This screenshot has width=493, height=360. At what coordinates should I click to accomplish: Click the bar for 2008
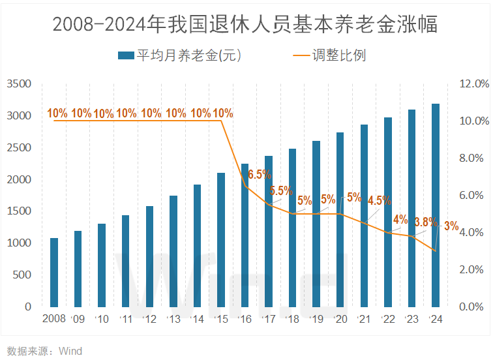(x=54, y=272)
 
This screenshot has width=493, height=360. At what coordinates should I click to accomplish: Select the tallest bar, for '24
(x=436, y=205)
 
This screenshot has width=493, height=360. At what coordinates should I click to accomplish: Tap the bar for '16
(x=245, y=235)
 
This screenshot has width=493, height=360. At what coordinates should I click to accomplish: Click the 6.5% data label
(x=260, y=175)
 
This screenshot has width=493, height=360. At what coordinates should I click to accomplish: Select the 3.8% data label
(x=425, y=222)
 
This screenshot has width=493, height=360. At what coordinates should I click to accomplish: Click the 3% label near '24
(x=451, y=227)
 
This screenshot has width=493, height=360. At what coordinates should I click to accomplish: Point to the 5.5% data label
(x=280, y=191)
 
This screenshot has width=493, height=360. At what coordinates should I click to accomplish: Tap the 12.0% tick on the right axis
(x=474, y=84)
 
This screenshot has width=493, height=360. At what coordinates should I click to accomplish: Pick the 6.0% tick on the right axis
(x=474, y=196)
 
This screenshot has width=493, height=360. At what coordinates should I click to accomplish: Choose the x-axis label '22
(x=387, y=319)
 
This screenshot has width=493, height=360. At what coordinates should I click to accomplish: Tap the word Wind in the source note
(x=70, y=351)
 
